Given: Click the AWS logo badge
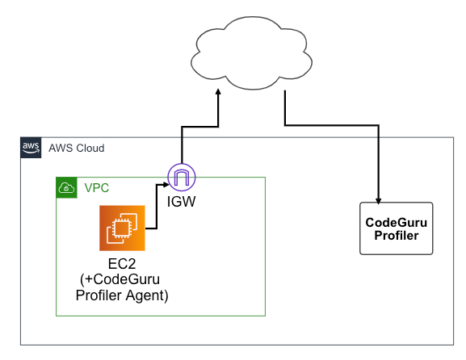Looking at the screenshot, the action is [31, 148].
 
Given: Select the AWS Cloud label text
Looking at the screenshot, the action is [77, 148].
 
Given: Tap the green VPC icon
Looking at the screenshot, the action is [66, 187].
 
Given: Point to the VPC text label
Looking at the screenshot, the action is [97, 188].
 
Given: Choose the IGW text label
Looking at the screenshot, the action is [181, 202].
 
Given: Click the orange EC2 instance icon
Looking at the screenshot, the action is [122, 228].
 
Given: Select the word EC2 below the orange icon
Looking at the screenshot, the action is [122, 264].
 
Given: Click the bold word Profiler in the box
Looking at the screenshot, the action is [397, 236].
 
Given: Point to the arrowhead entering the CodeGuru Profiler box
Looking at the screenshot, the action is [378, 201].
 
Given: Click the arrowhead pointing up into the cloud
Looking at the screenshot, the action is [218, 92].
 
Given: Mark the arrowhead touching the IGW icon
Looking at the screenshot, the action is [166, 185].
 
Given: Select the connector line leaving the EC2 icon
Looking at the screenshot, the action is [157, 207].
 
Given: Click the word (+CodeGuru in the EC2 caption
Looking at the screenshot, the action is [120, 279].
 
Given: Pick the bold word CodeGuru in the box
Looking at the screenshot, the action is [397, 223].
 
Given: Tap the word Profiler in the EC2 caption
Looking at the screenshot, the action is [99, 295].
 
